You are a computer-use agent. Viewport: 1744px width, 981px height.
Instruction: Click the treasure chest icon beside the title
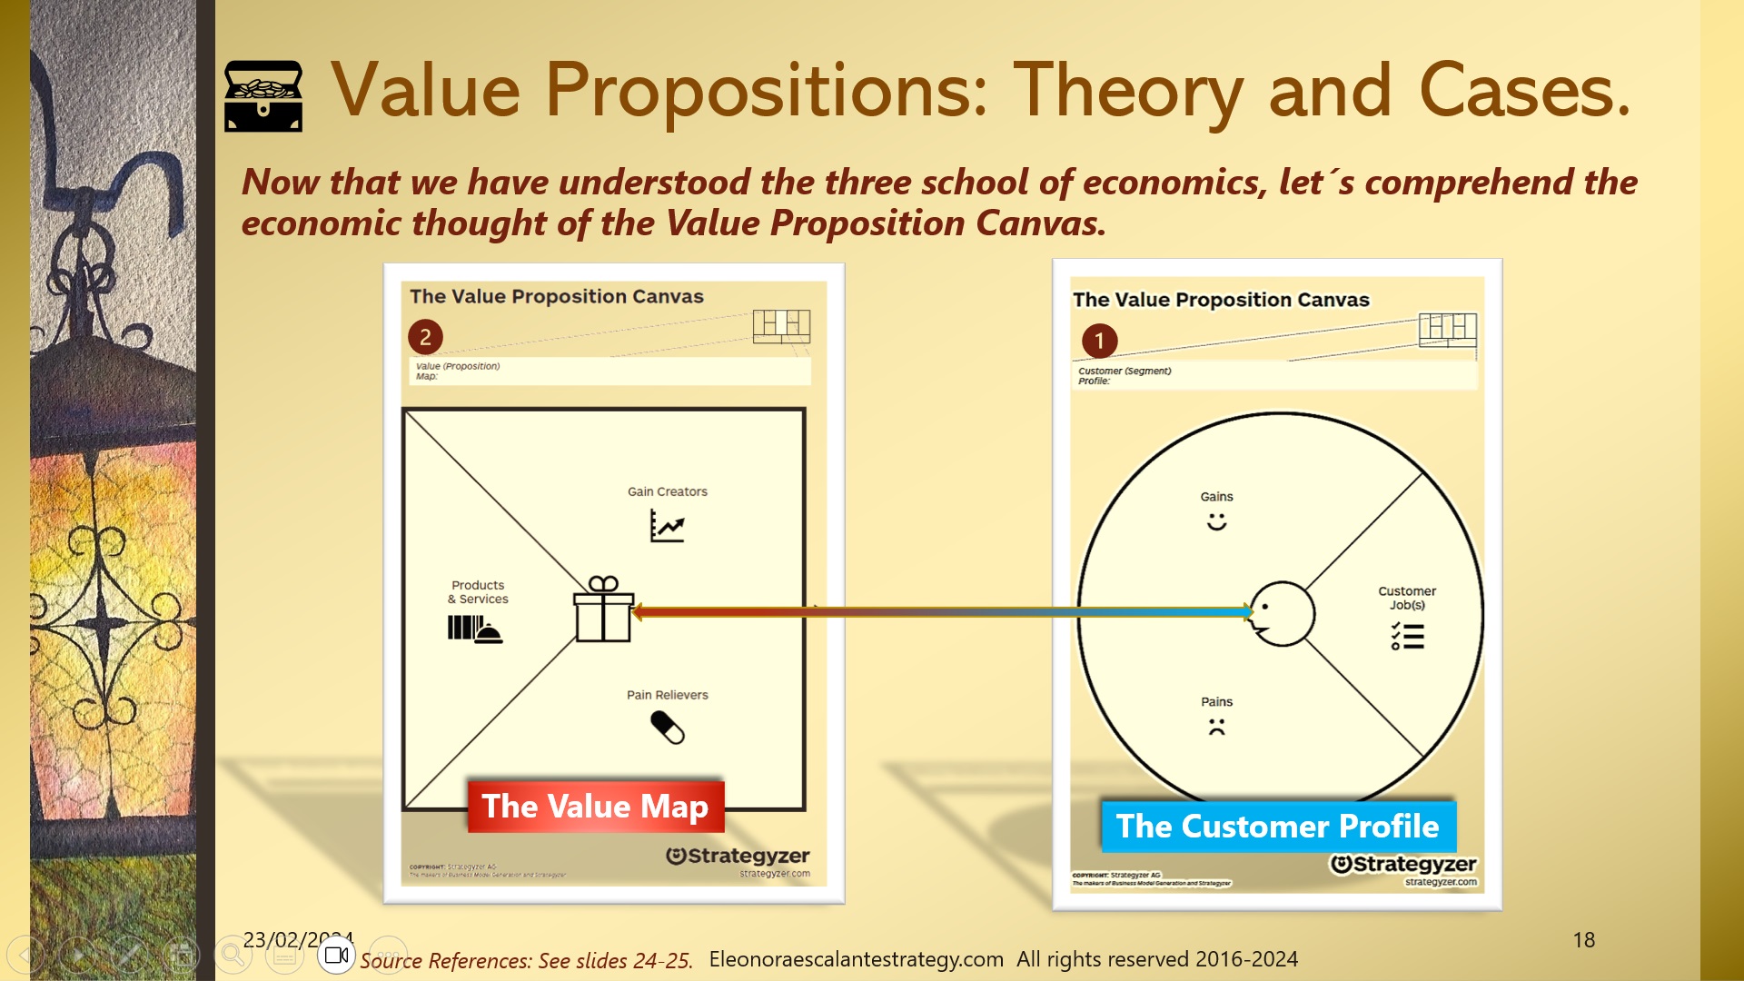point(263,96)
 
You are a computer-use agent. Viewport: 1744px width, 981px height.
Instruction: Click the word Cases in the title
point(1523,91)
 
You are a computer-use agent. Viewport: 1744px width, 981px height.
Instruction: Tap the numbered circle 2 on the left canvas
point(425,337)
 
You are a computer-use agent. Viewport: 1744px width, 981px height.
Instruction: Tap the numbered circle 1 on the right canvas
point(1099,342)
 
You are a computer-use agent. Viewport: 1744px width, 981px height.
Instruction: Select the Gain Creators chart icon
point(667,525)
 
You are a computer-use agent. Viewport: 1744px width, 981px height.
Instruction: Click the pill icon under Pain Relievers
point(668,727)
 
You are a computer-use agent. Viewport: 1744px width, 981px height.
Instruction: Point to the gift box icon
point(603,609)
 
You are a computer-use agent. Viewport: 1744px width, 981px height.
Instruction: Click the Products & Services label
point(478,592)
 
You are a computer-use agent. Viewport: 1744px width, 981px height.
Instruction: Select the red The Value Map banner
point(595,807)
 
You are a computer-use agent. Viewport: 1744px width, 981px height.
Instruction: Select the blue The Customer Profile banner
point(1277,827)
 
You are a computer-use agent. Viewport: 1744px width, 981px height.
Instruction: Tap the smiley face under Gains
point(1216,521)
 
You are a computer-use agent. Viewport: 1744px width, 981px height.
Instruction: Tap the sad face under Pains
point(1216,727)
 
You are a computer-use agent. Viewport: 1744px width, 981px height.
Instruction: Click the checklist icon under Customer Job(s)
point(1407,635)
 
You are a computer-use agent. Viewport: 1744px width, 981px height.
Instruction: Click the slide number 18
point(1583,940)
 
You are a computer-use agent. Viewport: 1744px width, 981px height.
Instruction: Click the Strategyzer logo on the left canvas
point(737,857)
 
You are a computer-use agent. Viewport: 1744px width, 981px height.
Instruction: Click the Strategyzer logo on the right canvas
point(1403,865)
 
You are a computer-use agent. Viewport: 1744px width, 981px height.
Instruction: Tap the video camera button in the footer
point(337,956)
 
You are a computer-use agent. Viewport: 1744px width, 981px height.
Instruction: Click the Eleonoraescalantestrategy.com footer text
point(856,959)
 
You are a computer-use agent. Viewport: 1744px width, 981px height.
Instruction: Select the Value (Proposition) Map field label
point(458,371)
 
